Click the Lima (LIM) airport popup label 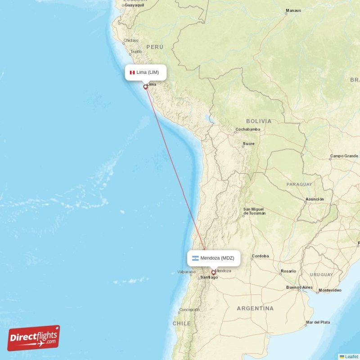point(145,72)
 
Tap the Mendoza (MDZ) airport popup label point(214,258)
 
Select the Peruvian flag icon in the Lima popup point(132,72)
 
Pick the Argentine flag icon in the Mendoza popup point(195,258)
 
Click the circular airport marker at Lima point(145,87)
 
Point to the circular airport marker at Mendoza point(213,272)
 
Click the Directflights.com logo point(33,338)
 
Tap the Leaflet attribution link point(351,356)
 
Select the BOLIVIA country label point(259,121)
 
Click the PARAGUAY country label point(299,184)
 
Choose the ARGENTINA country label point(255,308)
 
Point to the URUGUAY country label point(321,274)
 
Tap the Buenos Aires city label point(299,287)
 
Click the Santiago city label point(209,277)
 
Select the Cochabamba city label point(247,130)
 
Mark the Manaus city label point(293,10)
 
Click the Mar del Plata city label point(318,322)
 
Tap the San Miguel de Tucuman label point(254,211)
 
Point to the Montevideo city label point(330,291)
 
